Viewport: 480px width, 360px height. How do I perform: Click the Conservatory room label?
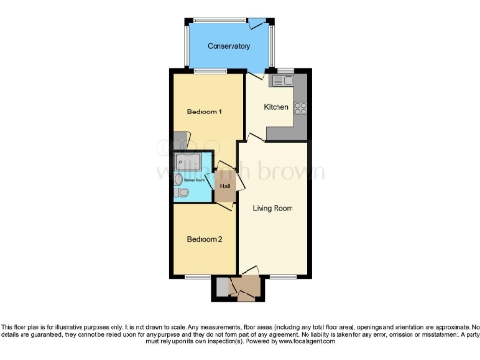click(229, 46)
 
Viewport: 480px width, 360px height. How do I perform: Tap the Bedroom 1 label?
click(203, 112)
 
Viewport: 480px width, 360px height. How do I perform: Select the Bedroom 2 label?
click(203, 239)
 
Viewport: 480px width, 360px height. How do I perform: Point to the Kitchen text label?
click(276, 107)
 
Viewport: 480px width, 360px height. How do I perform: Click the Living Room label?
click(274, 207)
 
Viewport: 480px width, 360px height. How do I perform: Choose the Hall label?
click(225, 185)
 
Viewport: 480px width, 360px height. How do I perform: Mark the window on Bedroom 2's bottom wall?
click(197, 277)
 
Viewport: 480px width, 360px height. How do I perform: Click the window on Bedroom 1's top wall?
click(208, 72)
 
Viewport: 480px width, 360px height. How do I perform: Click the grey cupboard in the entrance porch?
click(222, 287)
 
